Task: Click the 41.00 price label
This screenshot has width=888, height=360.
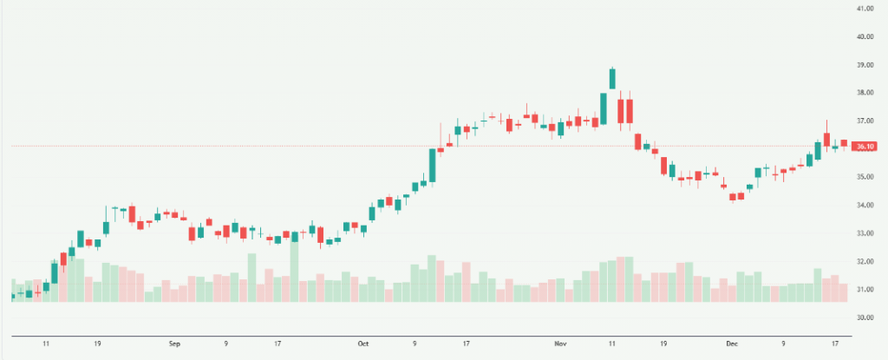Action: [864, 9]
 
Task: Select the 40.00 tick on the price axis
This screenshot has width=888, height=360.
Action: [864, 36]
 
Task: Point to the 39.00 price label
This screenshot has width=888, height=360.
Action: [864, 65]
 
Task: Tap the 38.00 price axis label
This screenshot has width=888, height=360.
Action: [864, 93]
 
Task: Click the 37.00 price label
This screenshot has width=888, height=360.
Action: [864, 121]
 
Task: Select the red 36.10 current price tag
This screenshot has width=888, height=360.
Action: [864, 147]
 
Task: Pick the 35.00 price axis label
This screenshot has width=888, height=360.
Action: [864, 177]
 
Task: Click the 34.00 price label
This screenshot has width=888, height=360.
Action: [864, 206]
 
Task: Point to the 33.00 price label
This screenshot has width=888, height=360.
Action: [864, 233]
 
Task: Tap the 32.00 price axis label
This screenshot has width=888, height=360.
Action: [864, 261]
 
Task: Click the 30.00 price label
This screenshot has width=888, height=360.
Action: [864, 317]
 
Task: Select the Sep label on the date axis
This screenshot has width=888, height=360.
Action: [174, 343]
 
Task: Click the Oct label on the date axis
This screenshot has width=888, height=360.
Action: [363, 343]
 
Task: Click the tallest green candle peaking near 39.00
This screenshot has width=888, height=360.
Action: [612, 78]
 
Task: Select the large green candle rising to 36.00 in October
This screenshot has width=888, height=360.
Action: [432, 165]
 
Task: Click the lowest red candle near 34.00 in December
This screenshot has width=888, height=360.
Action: [733, 197]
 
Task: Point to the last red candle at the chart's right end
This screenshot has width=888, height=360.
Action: [843, 143]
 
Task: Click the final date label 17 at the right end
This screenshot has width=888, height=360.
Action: [834, 343]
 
